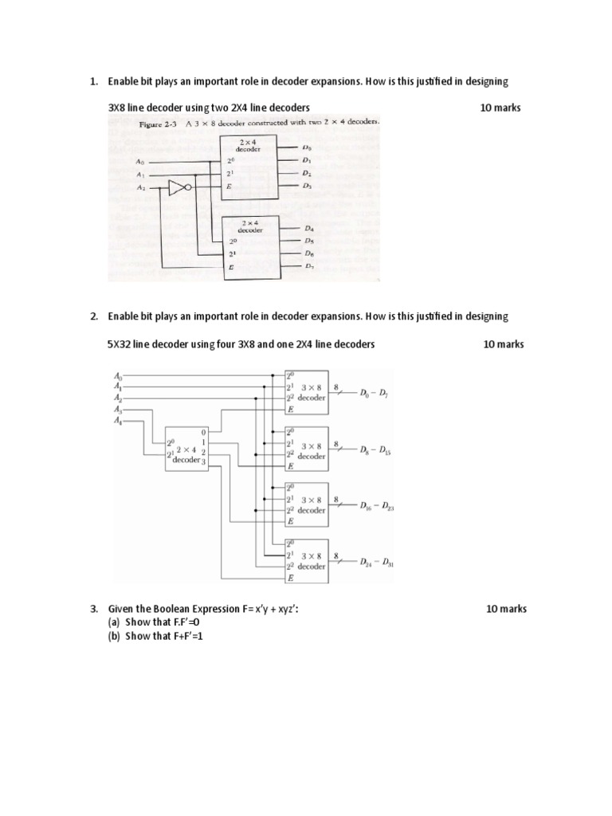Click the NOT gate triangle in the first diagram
pyautogui.click(x=178, y=188)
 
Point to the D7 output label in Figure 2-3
pyautogui.click(x=309, y=267)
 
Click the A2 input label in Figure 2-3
pyautogui.click(x=140, y=188)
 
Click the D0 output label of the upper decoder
pyautogui.click(x=308, y=148)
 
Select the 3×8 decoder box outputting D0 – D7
pyautogui.click(x=306, y=392)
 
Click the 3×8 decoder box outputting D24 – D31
pyautogui.click(x=306, y=561)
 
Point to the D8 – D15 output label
pyautogui.click(x=375, y=450)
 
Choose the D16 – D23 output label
pyautogui.click(x=376, y=506)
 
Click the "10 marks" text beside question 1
pyautogui.click(x=500, y=107)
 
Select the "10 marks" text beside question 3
pyautogui.click(x=506, y=609)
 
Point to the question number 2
pyautogui.click(x=93, y=316)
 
